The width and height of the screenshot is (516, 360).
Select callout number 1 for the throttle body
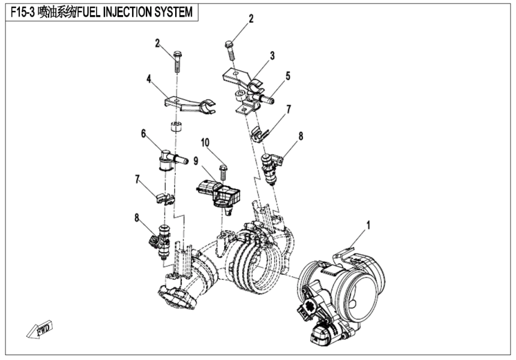tap(368, 226)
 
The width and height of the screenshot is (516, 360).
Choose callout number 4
tap(148, 78)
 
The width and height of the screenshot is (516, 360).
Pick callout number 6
tap(143, 134)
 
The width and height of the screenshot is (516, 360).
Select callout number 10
tap(205, 142)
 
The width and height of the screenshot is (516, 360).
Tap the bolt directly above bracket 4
tap(178, 61)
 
